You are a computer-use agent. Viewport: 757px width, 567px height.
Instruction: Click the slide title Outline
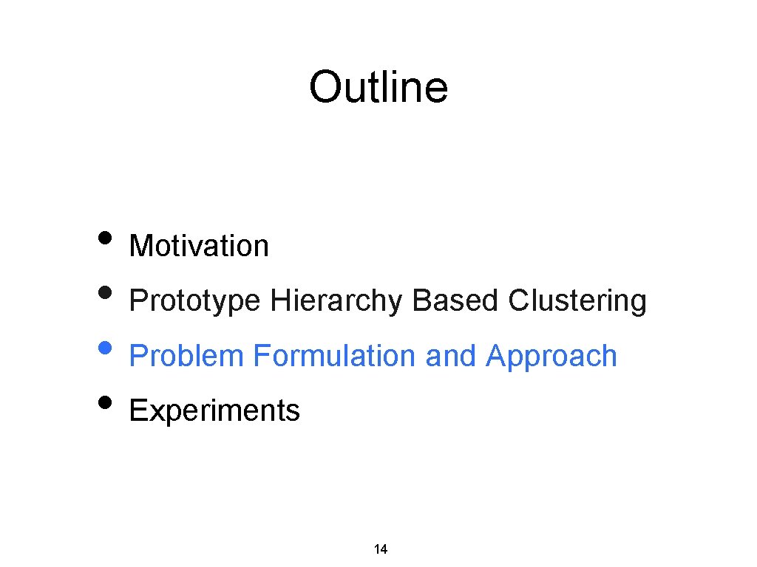(378, 87)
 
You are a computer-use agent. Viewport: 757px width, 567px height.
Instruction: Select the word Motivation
(199, 246)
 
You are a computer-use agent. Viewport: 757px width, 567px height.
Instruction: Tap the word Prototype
(194, 301)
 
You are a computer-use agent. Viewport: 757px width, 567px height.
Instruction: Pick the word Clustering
(577, 301)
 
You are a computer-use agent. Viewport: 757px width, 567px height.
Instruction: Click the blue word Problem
(186, 356)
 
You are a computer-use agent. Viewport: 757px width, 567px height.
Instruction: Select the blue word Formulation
(335, 356)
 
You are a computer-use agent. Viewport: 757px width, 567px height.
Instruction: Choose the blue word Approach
(551, 356)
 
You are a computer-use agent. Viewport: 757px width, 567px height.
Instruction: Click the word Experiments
(214, 410)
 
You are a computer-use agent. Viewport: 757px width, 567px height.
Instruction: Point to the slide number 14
(381, 549)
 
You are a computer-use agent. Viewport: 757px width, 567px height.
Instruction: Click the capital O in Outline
(325, 87)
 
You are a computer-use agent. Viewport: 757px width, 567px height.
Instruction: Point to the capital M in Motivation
(140, 246)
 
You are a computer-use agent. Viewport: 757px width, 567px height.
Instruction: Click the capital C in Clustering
(518, 301)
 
